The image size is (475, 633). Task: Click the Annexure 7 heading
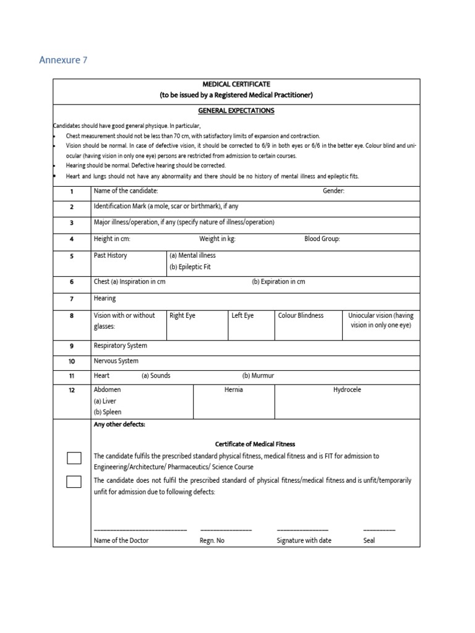[x=63, y=60]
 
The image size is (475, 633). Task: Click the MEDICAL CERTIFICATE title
[x=237, y=84]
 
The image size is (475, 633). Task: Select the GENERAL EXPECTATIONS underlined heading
[x=237, y=111]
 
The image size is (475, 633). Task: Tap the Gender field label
[x=333, y=192]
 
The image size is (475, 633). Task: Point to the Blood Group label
[x=322, y=239]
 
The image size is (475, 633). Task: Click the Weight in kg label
[x=217, y=239]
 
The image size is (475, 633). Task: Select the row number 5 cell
[x=72, y=255]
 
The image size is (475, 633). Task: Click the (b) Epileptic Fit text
[x=190, y=267]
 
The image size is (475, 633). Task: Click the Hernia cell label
[x=234, y=390]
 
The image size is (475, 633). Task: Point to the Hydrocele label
[x=347, y=390]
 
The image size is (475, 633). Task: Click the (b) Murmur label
[x=258, y=375]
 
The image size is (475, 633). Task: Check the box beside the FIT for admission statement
[x=74, y=458]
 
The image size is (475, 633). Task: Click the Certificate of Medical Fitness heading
[x=255, y=444]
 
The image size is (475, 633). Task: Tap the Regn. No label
[x=212, y=540]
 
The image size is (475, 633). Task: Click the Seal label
[x=369, y=540]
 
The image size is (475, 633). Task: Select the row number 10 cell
[x=72, y=361]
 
